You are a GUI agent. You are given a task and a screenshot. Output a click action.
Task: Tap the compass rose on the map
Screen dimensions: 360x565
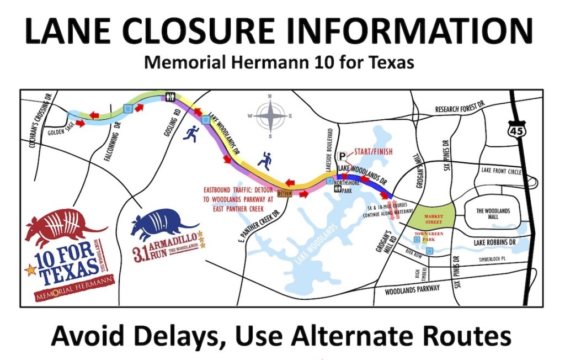270,116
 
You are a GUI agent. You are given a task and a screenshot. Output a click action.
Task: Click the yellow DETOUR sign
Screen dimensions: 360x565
284,194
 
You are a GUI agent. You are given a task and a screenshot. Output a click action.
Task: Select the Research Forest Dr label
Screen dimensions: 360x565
459,110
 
